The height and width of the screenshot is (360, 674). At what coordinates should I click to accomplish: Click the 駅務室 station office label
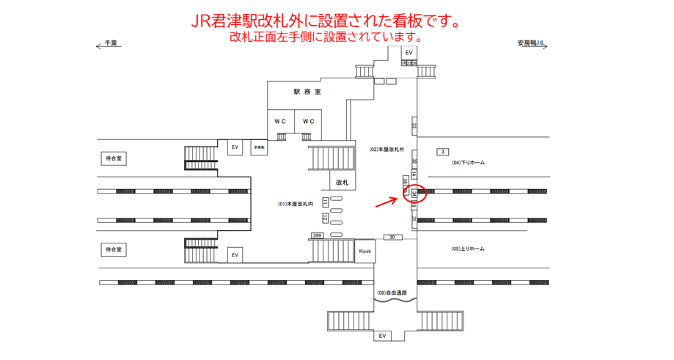tap(307, 92)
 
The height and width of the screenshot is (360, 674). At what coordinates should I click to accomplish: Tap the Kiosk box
tap(365, 251)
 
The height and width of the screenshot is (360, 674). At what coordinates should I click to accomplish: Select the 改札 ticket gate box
tap(342, 182)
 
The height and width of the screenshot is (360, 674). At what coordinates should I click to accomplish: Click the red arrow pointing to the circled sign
tap(387, 201)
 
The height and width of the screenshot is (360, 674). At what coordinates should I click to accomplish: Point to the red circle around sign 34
tap(414, 194)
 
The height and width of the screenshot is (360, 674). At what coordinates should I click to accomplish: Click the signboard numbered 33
tap(414, 125)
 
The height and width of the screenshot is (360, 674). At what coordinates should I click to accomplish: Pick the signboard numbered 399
tap(317, 235)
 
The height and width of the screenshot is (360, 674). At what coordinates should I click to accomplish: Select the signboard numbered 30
tap(392, 237)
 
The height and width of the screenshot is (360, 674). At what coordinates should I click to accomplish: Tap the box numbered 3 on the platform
tap(442, 152)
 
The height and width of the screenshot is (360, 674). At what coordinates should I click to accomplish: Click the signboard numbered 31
tap(414, 219)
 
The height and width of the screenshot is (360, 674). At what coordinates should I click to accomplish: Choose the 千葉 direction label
tap(110, 44)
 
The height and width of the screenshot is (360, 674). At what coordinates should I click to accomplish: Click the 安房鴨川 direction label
tap(530, 44)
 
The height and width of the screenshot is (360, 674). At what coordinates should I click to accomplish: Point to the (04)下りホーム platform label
tap(468, 163)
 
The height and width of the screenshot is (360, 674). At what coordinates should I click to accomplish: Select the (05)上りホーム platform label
tap(468, 249)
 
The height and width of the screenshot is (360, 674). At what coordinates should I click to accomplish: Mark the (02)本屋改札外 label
tap(387, 150)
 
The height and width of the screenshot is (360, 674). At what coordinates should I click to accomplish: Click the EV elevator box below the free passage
tap(381, 336)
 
